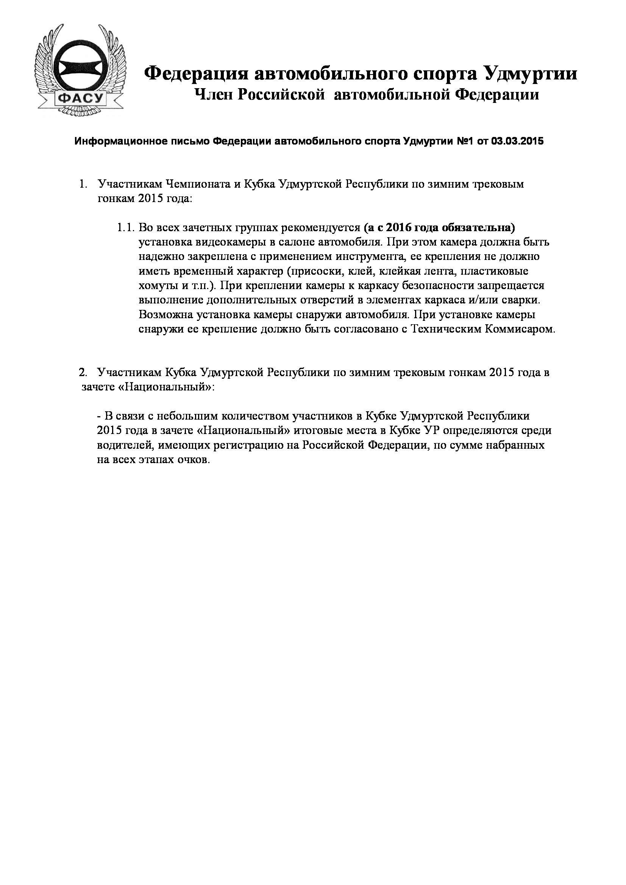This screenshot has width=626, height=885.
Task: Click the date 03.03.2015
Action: pos(517,142)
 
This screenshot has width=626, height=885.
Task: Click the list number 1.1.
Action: pos(126,228)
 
